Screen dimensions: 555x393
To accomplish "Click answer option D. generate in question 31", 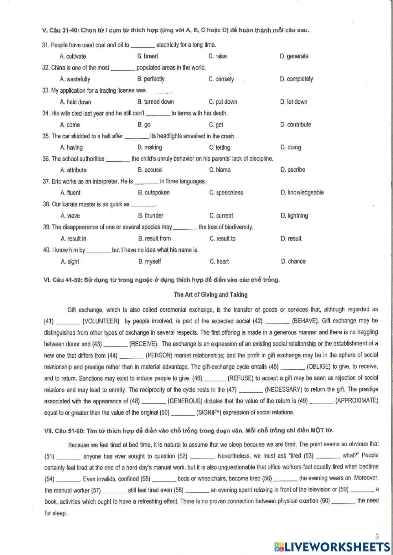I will click(x=294, y=56).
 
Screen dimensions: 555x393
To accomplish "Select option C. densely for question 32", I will click(x=221, y=79).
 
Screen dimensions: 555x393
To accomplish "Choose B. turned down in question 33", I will click(x=156, y=102).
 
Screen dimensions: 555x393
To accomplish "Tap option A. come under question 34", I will click(x=70, y=125).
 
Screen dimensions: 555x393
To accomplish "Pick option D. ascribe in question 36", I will click(x=293, y=170).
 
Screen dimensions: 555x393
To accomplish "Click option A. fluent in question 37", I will click(x=70, y=193).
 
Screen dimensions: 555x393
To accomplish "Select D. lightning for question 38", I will click(x=294, y=216).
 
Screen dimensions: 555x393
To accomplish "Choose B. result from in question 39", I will click(x=154, y=238).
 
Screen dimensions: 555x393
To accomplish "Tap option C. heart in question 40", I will click(x=219, y=262).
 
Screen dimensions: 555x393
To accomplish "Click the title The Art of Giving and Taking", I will click(x=211, y=295).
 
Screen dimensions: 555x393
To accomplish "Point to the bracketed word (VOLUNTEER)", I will click(x=101, y=321).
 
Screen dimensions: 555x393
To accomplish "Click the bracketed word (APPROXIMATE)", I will click(x=356, y=401).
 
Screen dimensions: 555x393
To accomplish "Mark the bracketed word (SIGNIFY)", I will click(x=213, y=412).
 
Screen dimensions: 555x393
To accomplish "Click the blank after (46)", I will click(x=215, y=379).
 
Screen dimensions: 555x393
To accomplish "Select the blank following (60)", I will click(x=343, y=502).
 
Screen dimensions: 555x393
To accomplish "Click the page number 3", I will click(x=377, y=537).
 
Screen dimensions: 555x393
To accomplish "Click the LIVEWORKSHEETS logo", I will click(x=332, y=547).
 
